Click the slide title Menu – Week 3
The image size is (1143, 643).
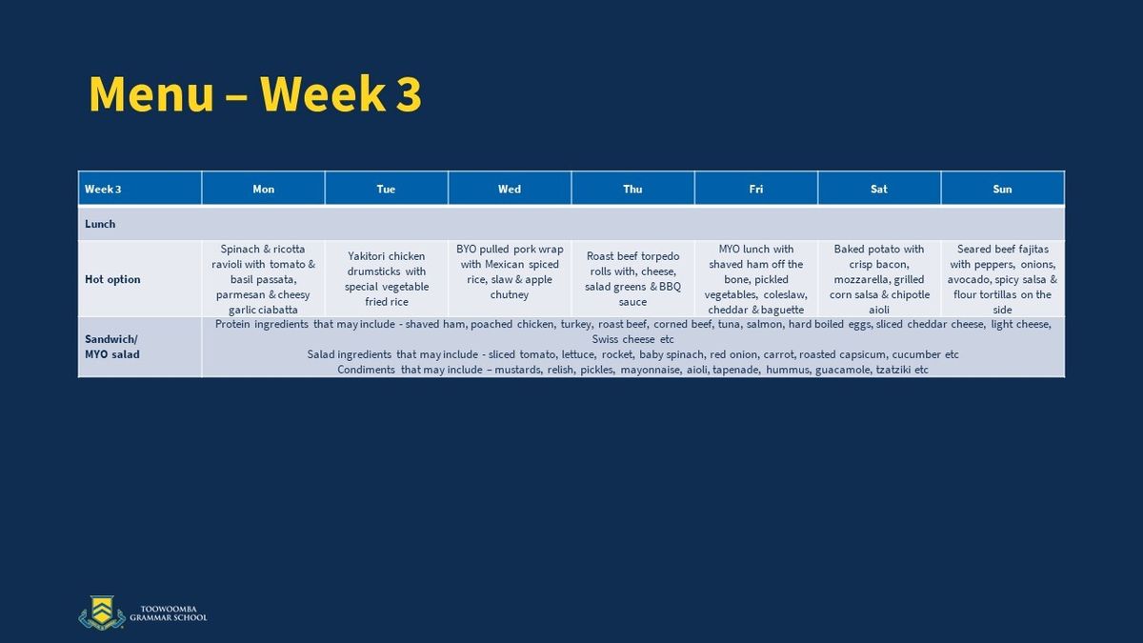coord(255,94)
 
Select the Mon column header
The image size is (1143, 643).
coord(263,189)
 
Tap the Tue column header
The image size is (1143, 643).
coord(386,189)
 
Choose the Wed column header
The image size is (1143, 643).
coord(510,189)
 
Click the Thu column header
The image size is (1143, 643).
coord(632,189)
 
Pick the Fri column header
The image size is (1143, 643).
coord(755,189)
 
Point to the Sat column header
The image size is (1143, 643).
coord(878,189)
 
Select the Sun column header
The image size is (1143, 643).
coord(1002,189)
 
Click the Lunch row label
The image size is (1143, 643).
coord(100,224)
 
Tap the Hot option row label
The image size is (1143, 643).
coord(112,279)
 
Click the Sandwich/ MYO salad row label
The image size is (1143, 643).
coord(111,347)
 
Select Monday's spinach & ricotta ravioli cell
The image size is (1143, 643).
coord(263,279)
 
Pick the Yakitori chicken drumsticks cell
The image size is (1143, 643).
coord(387,278)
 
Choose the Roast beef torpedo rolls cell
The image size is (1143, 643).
coord(632,278)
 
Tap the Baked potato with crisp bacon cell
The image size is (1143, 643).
coord(879,279)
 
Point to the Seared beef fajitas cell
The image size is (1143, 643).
coord(1002,279)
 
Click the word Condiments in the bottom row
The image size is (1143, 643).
coord(366,370)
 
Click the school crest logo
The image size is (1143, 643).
coord(102,613)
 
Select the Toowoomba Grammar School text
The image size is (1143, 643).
coord(169,613)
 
